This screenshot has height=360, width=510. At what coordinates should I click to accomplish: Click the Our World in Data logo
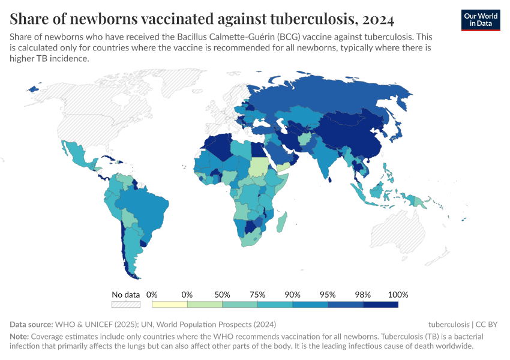481,20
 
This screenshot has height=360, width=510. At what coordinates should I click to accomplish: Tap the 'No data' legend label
125,295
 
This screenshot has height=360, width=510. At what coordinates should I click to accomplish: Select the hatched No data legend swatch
125,305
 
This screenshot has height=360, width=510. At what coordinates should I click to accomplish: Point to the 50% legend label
223,295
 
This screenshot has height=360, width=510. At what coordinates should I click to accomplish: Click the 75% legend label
257,295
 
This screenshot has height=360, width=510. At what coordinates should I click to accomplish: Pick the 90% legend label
293,295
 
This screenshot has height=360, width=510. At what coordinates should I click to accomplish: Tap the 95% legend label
328,295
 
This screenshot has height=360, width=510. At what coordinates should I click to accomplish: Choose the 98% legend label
363,295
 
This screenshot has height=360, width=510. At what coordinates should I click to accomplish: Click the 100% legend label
398,295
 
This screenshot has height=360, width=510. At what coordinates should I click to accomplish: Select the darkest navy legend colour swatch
380,305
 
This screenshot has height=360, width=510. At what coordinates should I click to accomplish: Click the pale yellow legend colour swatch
170,305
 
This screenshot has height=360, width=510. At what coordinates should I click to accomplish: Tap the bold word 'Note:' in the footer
19,336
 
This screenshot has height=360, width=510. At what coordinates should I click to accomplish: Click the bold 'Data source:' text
31,325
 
